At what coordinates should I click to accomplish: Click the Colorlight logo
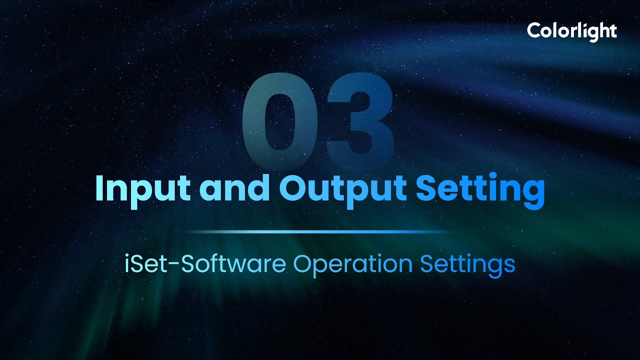(571, 31)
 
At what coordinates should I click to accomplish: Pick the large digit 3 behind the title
(359, 120)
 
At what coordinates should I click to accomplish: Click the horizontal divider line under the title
(320, 232)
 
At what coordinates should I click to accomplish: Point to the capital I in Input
(99, 187)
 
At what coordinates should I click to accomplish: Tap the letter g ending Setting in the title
(531, 193)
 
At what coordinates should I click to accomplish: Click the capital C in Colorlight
(534, 31)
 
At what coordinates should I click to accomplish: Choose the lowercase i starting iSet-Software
(127, 263)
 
